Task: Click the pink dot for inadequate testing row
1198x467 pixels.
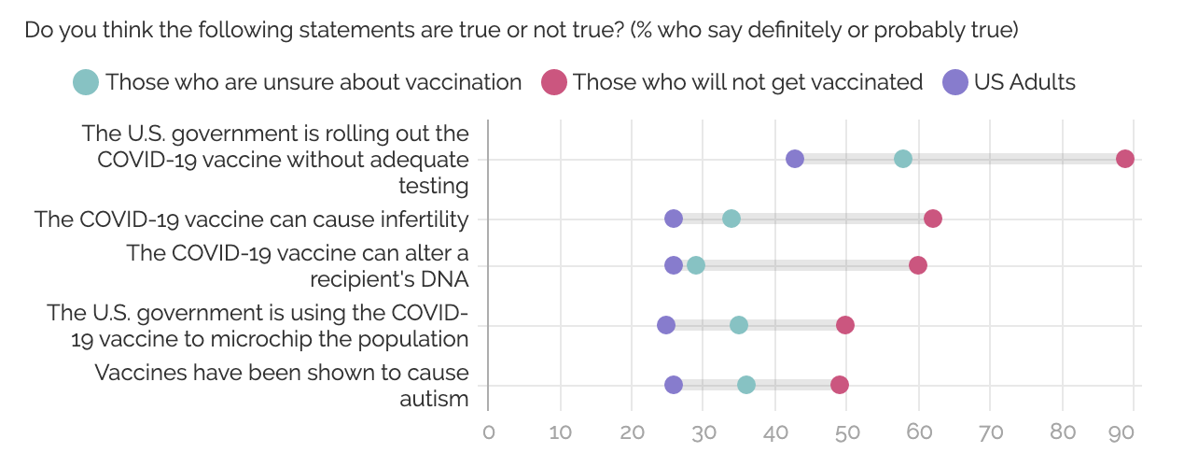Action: tap(1125, 159)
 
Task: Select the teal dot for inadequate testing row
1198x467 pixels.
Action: tap(903, 159)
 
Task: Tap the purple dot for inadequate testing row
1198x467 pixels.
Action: tap(795, 159)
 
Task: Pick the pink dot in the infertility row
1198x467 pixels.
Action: tap(933, 219)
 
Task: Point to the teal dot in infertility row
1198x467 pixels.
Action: tap(731, 219)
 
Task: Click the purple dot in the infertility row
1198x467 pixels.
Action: tap(674, 219)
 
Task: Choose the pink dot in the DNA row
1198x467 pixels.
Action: tap(918, 265)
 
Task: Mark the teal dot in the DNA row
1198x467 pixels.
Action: tap(696, 265)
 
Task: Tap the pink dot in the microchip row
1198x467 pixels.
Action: tap(845, 325)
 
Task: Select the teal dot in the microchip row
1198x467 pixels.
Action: tap(739, 325)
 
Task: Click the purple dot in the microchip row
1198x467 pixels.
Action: tap(666, 325)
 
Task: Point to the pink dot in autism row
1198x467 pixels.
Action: tap(840, 385)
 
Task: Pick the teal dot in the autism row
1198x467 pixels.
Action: tap(746, 385)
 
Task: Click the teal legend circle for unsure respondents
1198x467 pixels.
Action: tap(86, 82)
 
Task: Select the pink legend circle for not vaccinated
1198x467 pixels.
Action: tap(554, 82)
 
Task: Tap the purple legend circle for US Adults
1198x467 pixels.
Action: tap(955, 82)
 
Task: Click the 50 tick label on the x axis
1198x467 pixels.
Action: tap(847, 432)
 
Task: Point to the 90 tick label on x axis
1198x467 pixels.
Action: tap(1121, 432)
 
